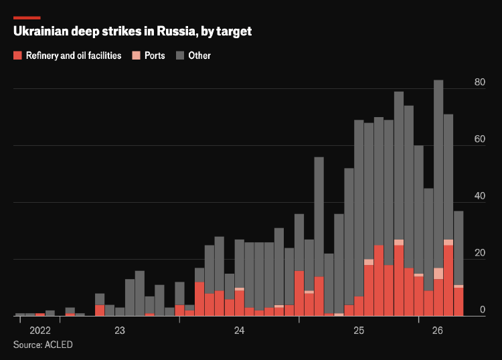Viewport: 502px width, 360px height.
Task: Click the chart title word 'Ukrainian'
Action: click(41, 31)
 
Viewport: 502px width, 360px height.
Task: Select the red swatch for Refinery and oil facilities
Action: click(17, 56)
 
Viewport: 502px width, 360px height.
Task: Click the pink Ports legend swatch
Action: click(136, 56)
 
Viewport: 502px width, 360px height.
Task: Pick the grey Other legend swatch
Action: click(180, 56)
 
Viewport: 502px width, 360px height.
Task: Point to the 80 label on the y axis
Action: click(480, 82)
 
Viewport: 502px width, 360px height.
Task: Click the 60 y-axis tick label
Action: click(480, 139)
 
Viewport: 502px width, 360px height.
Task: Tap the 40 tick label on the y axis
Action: click(480, 196)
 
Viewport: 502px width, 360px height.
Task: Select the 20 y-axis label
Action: click(480, 253)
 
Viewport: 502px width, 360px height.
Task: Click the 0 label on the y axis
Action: click(483, 310)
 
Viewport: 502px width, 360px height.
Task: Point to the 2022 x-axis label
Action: click(40, 331)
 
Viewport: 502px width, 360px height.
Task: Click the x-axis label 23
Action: click(120, 331)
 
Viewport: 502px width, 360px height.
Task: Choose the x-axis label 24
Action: click(239, 331)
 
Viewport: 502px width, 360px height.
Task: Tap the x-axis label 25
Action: click(359, 331)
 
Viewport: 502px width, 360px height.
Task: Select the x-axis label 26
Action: click(438, 331)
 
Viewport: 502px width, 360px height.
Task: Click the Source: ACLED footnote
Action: click(43, 345)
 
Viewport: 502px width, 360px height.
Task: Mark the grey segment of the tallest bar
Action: click(438, 174)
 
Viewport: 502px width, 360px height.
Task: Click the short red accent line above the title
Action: click(27, 18)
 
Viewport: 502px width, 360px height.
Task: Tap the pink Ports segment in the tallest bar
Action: click(438, 274)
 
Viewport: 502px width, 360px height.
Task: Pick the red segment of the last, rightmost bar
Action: click(458, 302)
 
